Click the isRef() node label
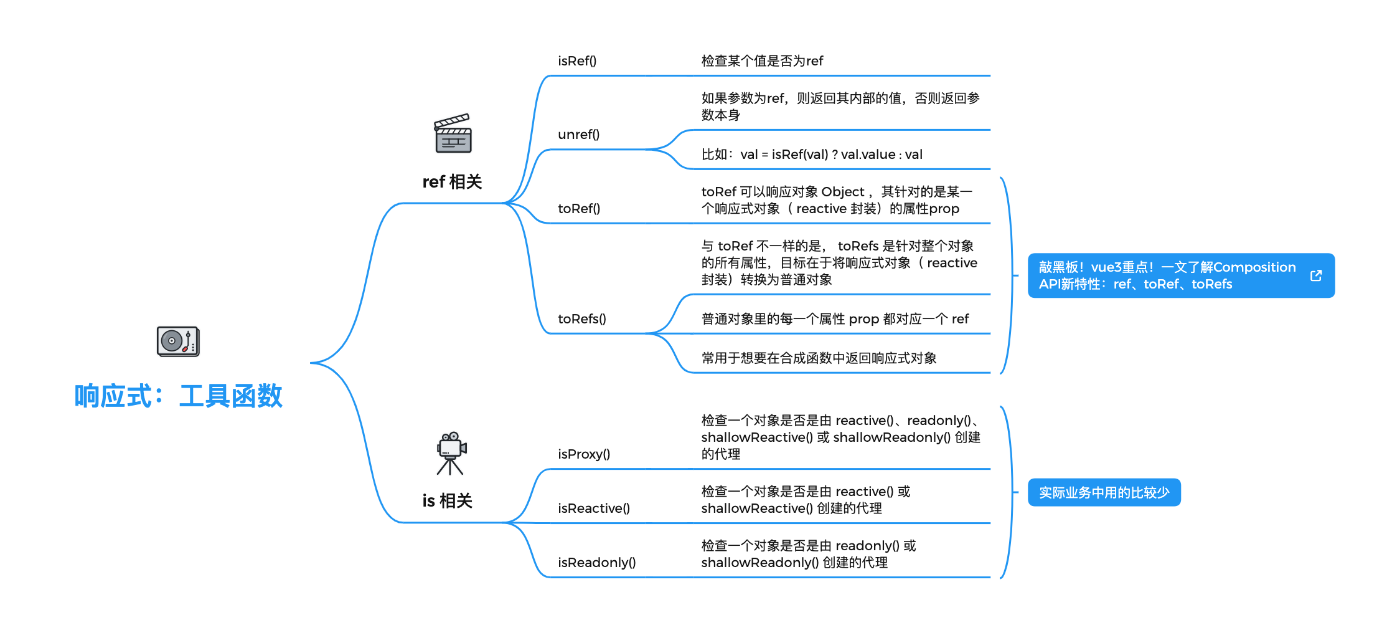tap(577, 61)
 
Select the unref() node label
tap(578, 135)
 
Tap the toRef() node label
tap(579, 209)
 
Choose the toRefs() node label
tap(581, 319)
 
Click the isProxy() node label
tap(584, 454)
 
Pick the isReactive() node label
tap(594, 508)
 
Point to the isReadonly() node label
tap(596, 563)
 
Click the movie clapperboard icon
tap(453, 133)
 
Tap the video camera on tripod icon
tap(451, 454)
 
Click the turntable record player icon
tap(178, 341)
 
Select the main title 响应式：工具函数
tap(178, 396)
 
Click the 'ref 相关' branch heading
tap(452, 182)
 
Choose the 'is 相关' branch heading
tap(447, 501)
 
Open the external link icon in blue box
tap(1315, 275)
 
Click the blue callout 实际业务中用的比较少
tap(1104, 493)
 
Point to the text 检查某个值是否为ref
tap(762, 61)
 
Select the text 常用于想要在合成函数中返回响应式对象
tap(819, 358)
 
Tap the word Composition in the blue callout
tap(1254, 267)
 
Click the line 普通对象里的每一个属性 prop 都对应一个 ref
tap(834, 319)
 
